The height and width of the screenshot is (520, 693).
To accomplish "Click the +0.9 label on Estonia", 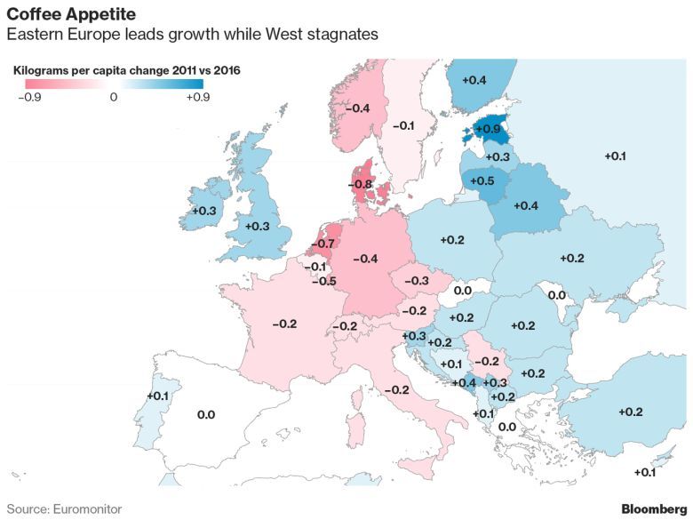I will click(x=489, y=130).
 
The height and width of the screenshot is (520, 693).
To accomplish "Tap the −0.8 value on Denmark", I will click(x=361, y=185).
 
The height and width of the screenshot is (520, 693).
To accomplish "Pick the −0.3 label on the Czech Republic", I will click(x=416, y=281).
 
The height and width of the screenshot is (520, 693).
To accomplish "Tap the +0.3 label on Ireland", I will click(x=204, y=211).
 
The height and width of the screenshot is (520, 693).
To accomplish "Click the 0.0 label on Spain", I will click(x=206, y=414).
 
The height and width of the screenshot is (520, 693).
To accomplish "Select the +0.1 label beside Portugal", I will click(x=157, y=396).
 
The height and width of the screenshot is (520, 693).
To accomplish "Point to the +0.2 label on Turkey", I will click(x=630, y=412).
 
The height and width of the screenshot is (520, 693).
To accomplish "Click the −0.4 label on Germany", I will click(x=366, y=259).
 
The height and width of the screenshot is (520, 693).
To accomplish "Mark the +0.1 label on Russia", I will click(x=615, y=156).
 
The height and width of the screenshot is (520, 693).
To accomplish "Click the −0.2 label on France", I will click(x=284, y=324).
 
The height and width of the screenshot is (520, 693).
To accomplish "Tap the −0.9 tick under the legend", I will click(x=28, y=98).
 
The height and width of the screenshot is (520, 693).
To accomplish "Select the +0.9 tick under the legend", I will click(x=196, y=98).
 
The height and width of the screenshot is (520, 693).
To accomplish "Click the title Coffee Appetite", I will click(x=71, y=14).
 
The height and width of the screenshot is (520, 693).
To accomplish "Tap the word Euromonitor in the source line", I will click(x=87, y=508).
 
